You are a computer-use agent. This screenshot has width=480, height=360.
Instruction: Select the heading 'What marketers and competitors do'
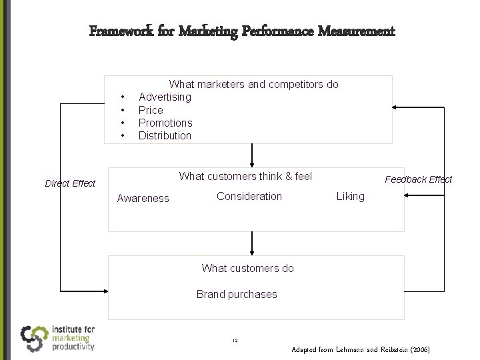pyautogui.click(x=253, y=85)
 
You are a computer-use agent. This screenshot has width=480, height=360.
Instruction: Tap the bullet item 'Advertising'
pyautogui.click(x=165, y=97)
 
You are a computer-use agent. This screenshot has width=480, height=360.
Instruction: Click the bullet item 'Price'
pyautogui.click(x=151, y=110)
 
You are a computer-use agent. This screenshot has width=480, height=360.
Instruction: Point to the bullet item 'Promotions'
pyautogui.click(x=165, y=123)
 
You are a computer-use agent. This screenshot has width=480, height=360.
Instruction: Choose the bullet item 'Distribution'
pyautogui.click(x=165, y=136)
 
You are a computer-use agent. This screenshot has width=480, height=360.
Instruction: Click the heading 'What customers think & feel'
pyautogui.click(x=245, y=177)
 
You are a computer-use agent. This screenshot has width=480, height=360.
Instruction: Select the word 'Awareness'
pyautogui.click(x=143, y=198)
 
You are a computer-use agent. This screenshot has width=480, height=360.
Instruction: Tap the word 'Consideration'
pyautogui.click(x=249, y=196)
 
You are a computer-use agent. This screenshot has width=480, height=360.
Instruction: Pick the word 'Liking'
pyautogui.click(x=351, y=196)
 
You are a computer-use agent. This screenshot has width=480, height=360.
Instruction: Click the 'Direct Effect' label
pyautogui.click(x=70, y=183)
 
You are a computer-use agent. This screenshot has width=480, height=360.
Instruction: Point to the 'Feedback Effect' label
pyautogui.click(x=418, y=179)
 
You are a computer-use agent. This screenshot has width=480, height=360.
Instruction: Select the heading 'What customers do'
pyautogui.click(x=247, y=269)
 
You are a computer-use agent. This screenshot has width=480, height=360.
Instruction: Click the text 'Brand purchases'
pyautogui.click(x=237, y=294)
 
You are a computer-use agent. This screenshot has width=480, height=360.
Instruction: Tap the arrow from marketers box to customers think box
pyautogui.click(x=252, y=155)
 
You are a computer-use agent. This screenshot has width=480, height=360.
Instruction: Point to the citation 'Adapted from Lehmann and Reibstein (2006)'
pyautogui.click(x=361, y=349)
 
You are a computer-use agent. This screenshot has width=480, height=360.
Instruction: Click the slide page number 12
pyautogui.click(x=236, y=341)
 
